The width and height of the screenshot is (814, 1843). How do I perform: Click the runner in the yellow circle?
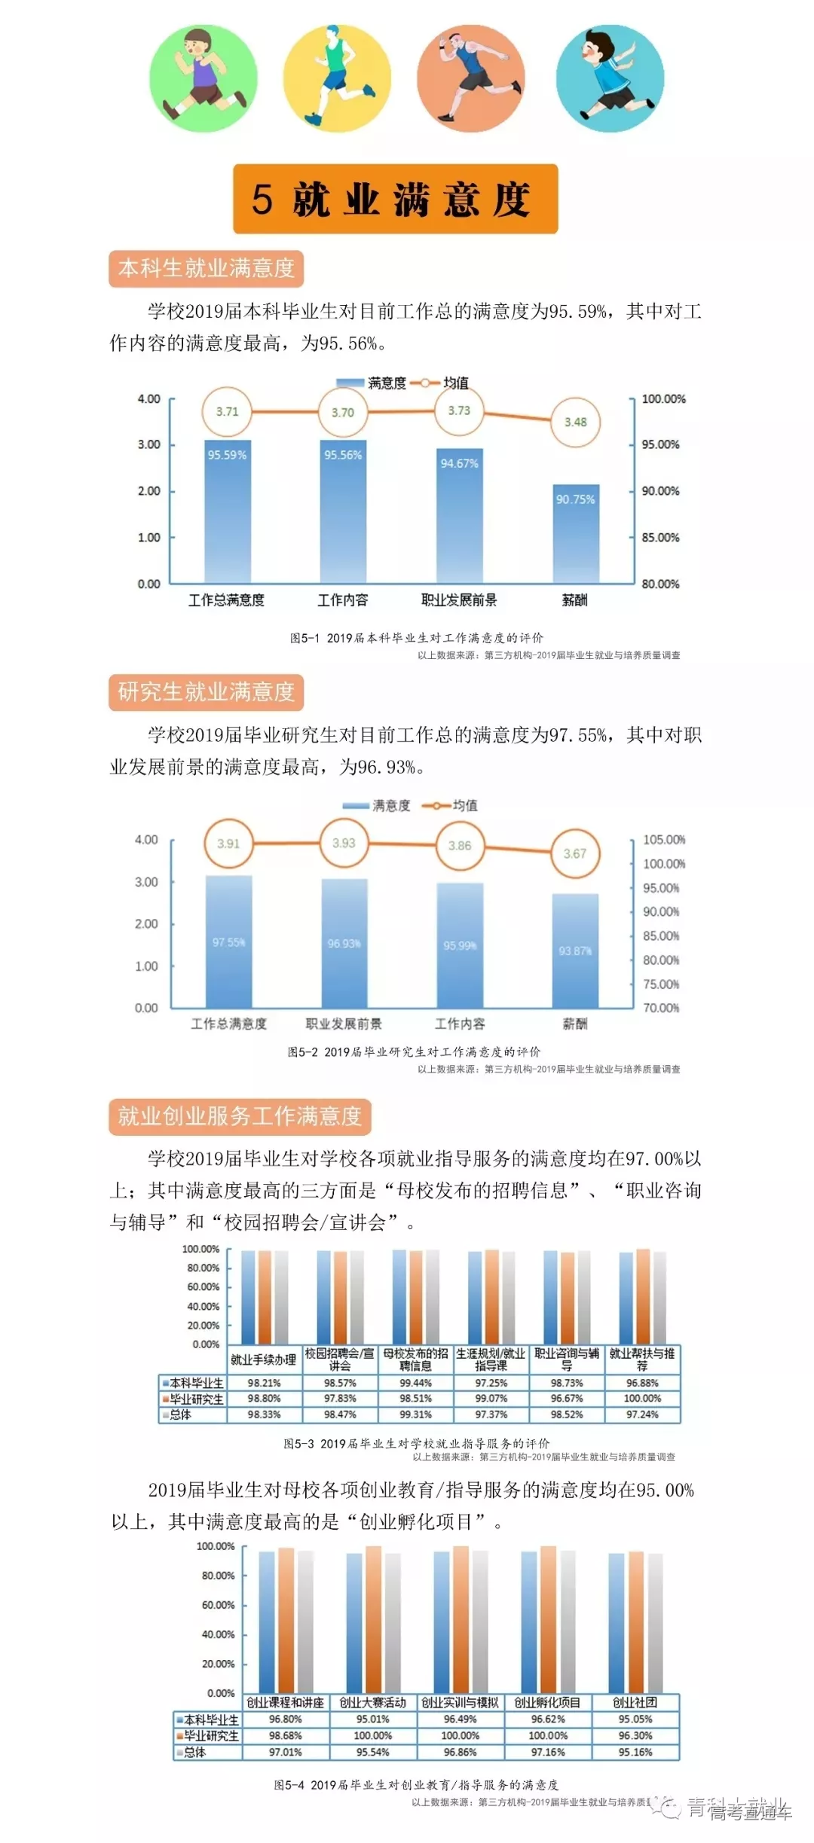(337, 78)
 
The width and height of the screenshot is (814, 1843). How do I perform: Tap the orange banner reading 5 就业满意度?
(395, 199)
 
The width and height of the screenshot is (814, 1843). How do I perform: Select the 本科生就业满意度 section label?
(206, 268)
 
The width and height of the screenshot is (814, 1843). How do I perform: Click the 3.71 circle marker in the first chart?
(227, 411)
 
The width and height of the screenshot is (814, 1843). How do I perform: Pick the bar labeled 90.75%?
(576, 532)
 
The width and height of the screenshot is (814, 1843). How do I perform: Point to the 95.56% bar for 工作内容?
(343, 511)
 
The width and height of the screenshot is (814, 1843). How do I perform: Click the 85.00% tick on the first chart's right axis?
(660, 538)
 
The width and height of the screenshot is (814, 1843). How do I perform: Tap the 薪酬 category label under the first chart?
(574, 600)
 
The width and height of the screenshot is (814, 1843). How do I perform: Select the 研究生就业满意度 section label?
(206, 692)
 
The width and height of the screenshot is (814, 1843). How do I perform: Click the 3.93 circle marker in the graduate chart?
(344, 843)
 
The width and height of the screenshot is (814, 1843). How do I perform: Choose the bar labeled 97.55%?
(228, 941)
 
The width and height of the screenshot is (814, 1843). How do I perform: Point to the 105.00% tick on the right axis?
(663, 840)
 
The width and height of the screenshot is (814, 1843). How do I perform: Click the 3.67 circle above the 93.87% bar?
(575, 853)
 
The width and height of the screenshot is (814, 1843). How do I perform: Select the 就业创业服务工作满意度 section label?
(240, 1116)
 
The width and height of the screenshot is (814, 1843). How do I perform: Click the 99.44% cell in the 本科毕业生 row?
(415, 1383)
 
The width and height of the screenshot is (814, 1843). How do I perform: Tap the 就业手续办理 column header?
(263, 1359)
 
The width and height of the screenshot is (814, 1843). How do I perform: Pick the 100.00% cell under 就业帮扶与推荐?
(642, 1399)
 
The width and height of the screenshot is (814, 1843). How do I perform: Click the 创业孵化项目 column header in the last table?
(547, 1702)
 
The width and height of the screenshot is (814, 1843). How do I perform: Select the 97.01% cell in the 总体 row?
(285, 1752)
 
